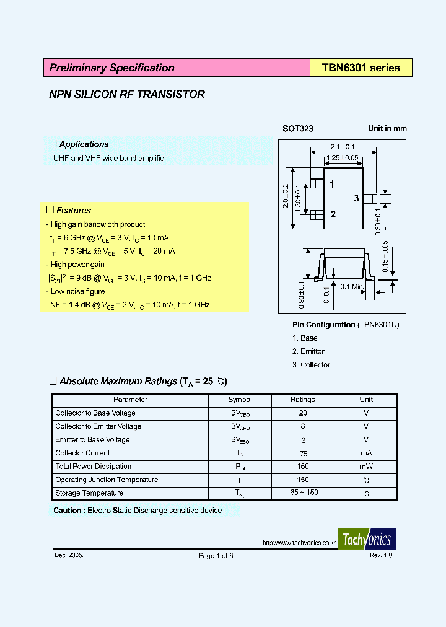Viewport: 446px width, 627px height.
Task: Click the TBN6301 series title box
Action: tap(361, 68)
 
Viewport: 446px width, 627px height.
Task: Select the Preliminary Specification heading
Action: tap(111, 68)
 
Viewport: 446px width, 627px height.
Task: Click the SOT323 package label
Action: tap(298, 129)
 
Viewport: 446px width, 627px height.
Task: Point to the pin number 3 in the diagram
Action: tap(356, 198)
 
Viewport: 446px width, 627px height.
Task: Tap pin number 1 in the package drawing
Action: tap(333, 184)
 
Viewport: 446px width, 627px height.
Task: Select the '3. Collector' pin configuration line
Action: tap(311, 365)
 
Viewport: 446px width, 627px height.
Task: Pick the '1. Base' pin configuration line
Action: tap(305, 338)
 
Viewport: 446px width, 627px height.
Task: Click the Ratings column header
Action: tap(302, 400)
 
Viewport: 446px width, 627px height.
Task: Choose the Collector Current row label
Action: tap(82, 453)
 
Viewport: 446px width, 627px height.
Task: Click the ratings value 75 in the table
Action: tap(303, 453)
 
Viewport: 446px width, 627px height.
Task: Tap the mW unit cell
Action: tap(366, 467)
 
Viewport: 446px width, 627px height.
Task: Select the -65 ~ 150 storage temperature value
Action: tap(303, 493)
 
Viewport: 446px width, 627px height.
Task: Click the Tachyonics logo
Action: tap(367, 539)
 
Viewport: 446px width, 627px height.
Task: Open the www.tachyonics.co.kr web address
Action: tap(299, 543)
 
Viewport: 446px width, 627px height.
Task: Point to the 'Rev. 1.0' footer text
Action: tap(381, 555)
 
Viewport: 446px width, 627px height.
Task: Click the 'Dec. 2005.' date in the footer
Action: tap(69, 555)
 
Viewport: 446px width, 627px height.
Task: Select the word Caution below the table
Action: tap(67, 511)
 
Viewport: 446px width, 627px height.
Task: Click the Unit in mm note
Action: tap(387, 128)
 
